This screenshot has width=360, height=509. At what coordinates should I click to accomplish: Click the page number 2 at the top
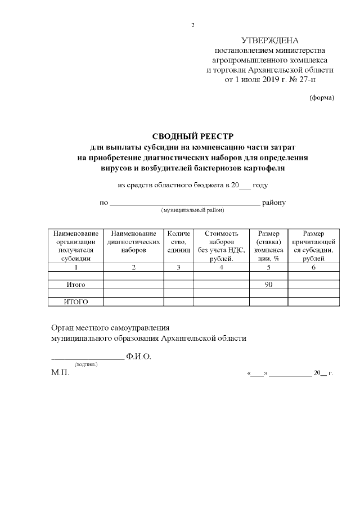click(x=193, y=25)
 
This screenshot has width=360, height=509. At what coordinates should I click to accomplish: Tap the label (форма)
click(x=322, y=98)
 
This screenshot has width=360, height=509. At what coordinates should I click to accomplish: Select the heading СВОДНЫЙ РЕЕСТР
click(x=192, y=137)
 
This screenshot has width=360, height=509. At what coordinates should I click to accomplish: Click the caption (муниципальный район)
click(x=193, y=210)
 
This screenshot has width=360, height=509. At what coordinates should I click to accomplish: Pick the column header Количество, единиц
click(x=178, y=241)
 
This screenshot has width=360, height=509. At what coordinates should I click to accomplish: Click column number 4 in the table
click(x=222, y=267)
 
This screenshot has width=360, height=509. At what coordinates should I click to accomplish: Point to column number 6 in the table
click(x=313, y=267)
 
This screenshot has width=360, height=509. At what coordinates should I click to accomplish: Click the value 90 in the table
click(x=268, y=285)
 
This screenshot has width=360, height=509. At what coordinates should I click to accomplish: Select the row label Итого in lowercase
click(x=76, y=285)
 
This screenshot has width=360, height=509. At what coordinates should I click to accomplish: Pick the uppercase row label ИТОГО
click(x=76, y=302)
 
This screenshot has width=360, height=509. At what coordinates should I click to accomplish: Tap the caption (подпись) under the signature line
click(x=87, y=364)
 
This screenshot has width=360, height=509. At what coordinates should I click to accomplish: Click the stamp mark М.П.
click(x=60, y=373)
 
